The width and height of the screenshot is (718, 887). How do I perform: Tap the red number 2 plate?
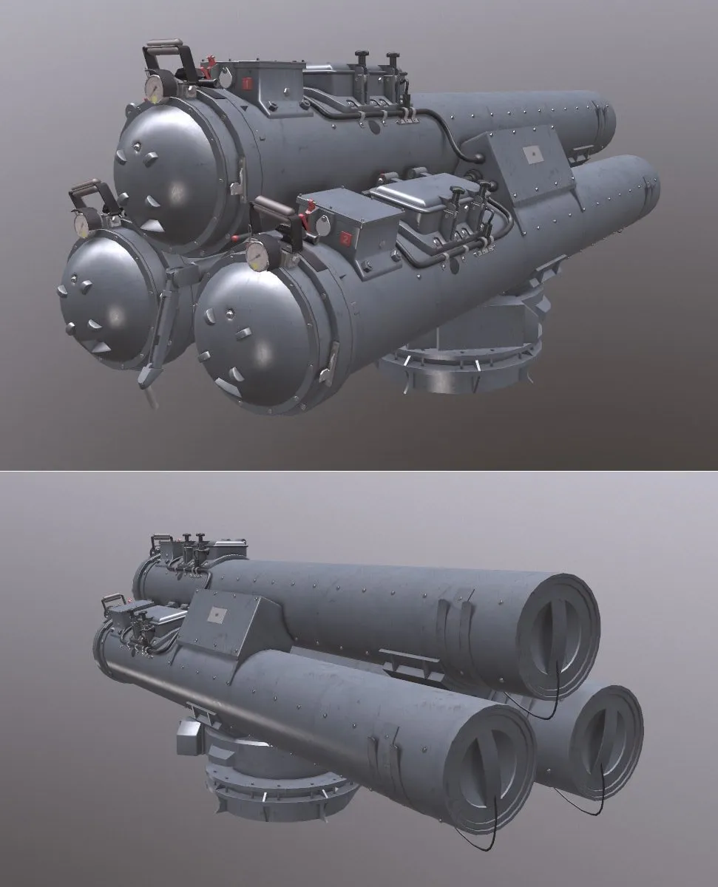pos(346,238)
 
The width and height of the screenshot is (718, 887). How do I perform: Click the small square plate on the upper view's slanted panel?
pos(531,154)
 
